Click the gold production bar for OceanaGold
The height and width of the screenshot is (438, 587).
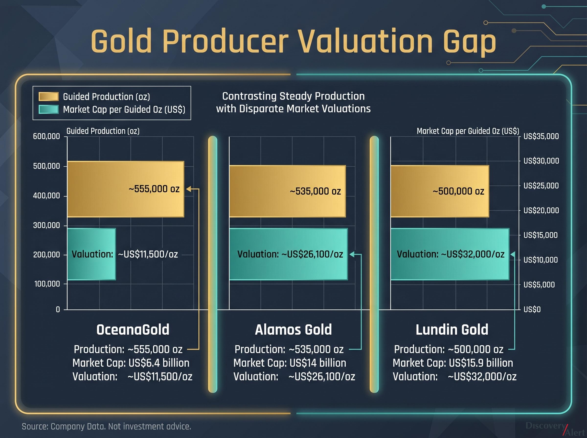[x=125, y=189]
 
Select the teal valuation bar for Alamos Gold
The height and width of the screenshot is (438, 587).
[x=288, y=254]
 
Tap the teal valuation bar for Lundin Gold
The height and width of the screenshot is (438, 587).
[x=450, y=254]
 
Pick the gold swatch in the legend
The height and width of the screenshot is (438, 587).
[x=48, y=97]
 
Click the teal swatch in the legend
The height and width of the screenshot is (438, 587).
[x=48, y=109]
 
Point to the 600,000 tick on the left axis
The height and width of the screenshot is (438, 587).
[x=46, y=137]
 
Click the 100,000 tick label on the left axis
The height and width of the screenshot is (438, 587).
[x=47, y=284]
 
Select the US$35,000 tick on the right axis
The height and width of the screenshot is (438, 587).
[x=541, y=137]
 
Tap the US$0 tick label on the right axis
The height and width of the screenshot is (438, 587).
[x=532, y=309]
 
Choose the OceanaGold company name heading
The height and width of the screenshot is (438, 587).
[x=133, y=329]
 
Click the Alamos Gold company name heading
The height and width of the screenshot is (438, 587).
[x=293, y=329]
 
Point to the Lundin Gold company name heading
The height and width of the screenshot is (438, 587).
[x=452, y=329]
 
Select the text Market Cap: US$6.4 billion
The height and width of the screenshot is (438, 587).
[x=131, y=363]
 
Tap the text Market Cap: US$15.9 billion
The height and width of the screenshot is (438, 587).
[x=453, y=363]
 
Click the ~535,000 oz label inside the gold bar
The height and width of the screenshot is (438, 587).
[x=315, y=191]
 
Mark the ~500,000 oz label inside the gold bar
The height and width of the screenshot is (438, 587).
[x=458, y=191]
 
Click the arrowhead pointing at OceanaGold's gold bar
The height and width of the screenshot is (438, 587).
[x=188, y=189]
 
